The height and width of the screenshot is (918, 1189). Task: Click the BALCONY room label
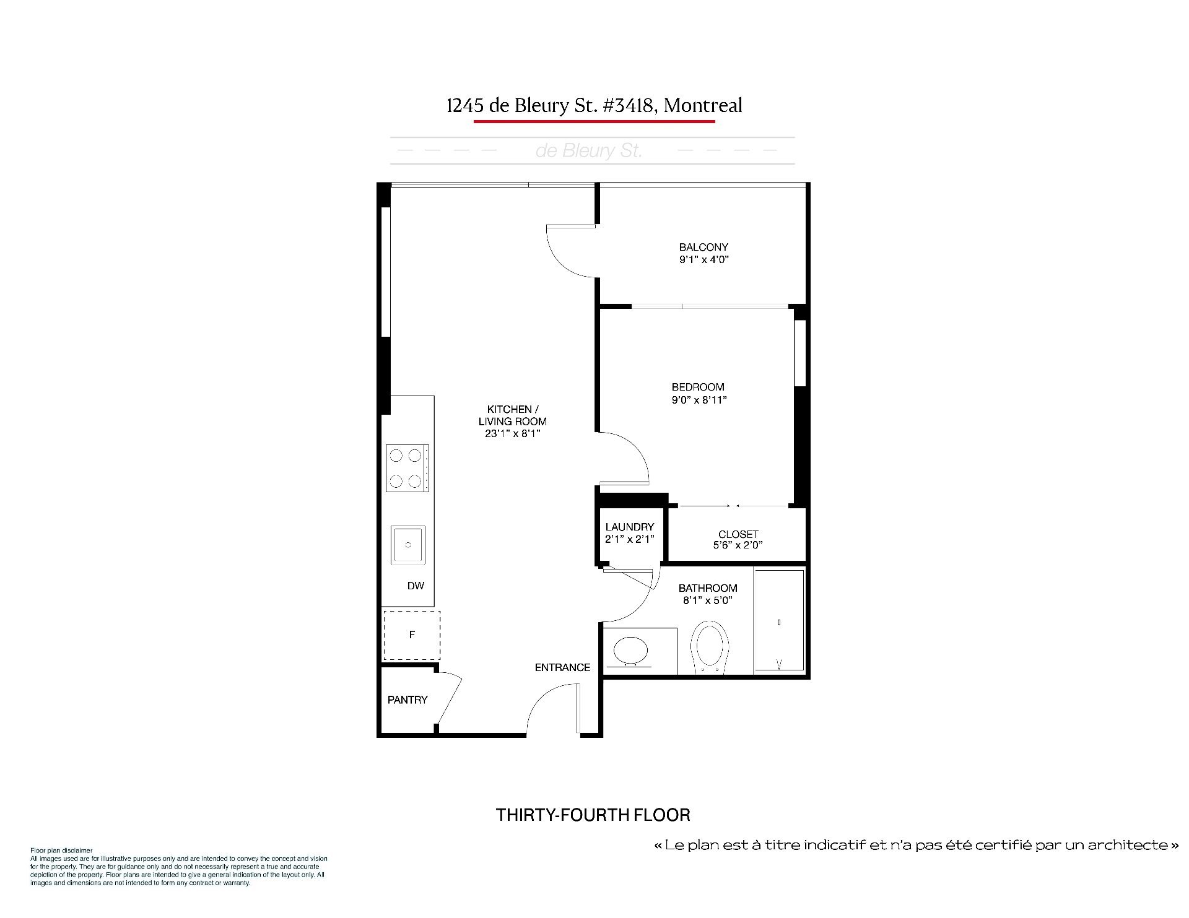pos(703,247)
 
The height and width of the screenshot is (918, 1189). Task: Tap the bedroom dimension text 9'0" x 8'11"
pos(699,400)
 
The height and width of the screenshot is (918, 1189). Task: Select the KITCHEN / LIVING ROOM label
pos(513,415)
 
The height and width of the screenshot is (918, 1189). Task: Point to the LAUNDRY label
pos(630,527)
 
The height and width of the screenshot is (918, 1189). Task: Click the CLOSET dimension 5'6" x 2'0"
pos(738,545)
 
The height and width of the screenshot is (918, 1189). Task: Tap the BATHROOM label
pos(708,588)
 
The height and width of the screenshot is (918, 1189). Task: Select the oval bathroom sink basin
pos(631,651)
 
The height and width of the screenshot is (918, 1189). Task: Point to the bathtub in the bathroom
pos(779,621)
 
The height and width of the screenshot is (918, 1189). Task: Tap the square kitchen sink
pos(408,545)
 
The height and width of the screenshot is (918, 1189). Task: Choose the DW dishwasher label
pos(416,586)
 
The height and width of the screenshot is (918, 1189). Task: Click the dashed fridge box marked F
pos(412,635)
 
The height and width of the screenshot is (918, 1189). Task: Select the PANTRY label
pos(407,699)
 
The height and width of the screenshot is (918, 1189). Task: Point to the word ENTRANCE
pos(562,667)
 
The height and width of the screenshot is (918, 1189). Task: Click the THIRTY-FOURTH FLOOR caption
pos(593,815)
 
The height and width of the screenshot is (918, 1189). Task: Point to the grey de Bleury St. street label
pos(589,151)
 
